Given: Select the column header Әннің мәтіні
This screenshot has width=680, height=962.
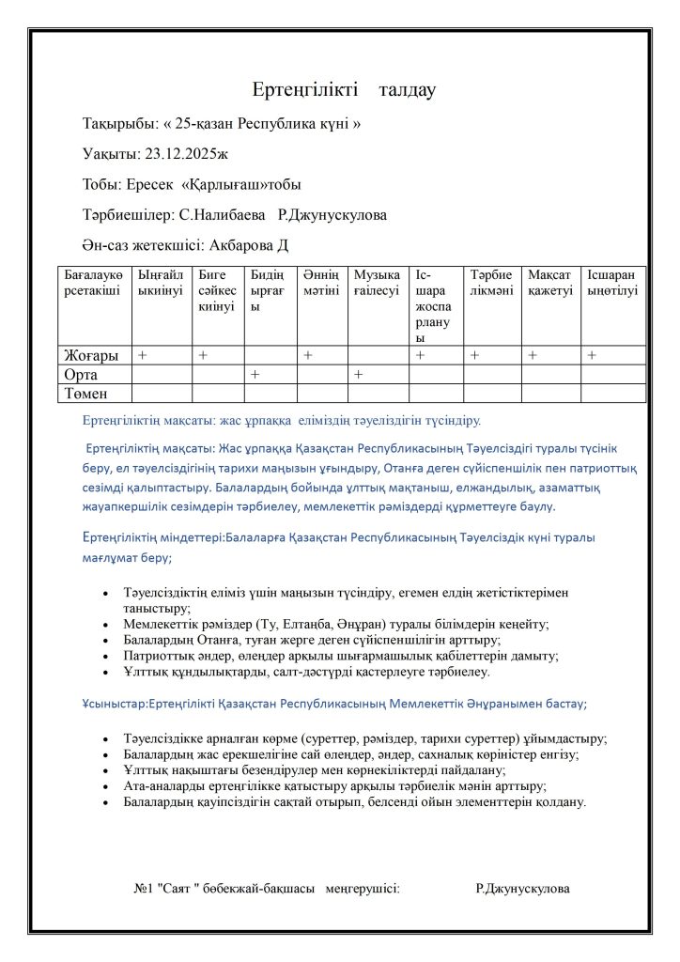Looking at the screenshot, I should tap(321, 283).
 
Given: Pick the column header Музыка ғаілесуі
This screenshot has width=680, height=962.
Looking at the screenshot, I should tap(378, 283).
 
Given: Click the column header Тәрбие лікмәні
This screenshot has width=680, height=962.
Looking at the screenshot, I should tap(492, 283).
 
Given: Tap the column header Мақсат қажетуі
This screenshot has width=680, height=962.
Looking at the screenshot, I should tap(550, 283).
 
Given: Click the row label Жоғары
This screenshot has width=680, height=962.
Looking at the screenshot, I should tap(91, 356).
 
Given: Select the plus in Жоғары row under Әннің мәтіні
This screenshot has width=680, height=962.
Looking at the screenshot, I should tap(307, 356).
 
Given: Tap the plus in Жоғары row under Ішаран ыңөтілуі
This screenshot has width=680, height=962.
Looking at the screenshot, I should tap(592, 356).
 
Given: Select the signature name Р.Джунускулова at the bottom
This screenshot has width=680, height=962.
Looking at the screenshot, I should tap(522, 888).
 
